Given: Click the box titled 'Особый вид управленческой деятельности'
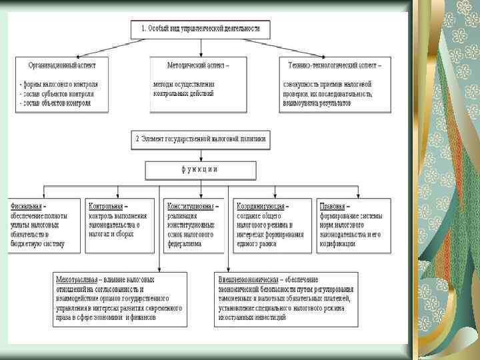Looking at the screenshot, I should click(x=201, y=30).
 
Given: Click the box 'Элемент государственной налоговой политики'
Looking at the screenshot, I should click(x=201, y=139).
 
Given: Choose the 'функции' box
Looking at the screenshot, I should click(x=200, y=169).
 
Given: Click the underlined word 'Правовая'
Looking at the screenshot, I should click(x=331, y=207).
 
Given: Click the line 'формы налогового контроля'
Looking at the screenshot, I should click(x=60, y=85).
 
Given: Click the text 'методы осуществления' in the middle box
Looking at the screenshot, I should click(x=183, y=85).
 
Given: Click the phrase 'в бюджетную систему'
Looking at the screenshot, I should click(x=37, y=244).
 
